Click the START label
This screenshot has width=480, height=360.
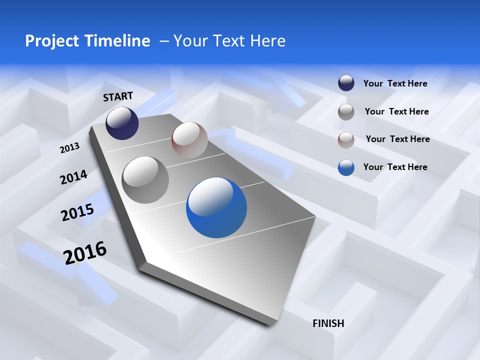pos(118,96)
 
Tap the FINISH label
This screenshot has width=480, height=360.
pos(328,323)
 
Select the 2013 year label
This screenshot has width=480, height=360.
pos(69,148)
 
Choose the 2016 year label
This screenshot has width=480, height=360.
pos(85,253)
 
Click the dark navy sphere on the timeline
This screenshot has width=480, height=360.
pos(122,123)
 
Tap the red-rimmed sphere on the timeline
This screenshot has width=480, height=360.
pos(189,140)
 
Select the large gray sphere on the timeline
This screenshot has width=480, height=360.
pos(145,180)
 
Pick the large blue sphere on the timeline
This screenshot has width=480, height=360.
pos(216,207)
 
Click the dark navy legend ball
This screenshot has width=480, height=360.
pos(346,83)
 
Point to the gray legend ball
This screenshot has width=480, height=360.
pos(346,112)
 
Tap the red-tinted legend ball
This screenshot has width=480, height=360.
pos(346,140)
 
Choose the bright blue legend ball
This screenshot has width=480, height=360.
pos(346,167)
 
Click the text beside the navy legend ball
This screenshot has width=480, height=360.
pos(395,83)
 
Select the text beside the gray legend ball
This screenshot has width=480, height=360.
pos(397,111)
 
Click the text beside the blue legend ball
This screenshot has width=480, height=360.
pos(395,167)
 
